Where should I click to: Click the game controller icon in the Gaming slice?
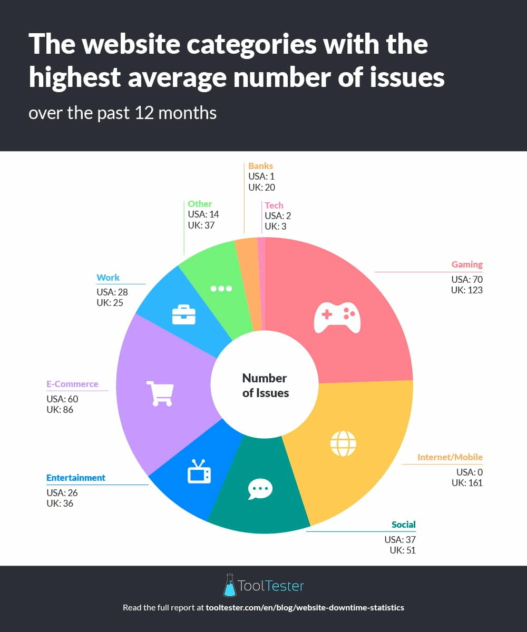[337, 317]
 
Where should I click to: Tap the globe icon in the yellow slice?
[343, 443]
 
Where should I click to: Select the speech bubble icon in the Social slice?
[260, 489]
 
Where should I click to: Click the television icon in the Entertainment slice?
[199, 471]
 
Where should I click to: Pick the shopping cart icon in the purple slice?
[160, 393]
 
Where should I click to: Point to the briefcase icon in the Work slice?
[184, 314]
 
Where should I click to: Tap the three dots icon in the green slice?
[221, 289]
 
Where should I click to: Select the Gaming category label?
[467, 264]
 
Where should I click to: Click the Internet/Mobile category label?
[450, 457]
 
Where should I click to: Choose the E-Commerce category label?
[72, 384]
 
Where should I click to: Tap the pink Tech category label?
[274, 205]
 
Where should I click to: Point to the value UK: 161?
[466, 483]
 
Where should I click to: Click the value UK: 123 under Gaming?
[466, 290]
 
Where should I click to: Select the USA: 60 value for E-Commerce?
[62, 399]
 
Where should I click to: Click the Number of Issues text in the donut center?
[265, 385]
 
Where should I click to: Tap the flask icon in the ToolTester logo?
[229, 585]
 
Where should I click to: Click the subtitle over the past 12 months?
[122, 113]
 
